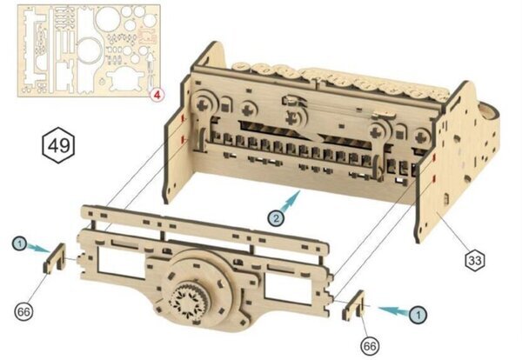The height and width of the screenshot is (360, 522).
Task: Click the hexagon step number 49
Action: point(58,145)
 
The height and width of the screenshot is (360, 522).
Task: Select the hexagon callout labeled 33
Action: point(475,260)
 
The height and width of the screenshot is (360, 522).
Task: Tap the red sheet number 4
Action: point(157,95)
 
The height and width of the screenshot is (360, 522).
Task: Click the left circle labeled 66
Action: point(24,312)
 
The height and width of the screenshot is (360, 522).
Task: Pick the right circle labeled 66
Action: point(370,346)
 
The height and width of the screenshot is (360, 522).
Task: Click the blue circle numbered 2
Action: point(276,218)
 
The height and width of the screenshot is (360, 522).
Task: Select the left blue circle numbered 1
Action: point(20,243)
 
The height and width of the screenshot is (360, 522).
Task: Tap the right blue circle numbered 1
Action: point(418,315)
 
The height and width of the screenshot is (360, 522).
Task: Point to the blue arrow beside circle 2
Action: point(291,201)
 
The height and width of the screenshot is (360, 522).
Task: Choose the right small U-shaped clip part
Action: point(353,304)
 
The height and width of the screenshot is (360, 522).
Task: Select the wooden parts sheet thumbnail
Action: point(89,51)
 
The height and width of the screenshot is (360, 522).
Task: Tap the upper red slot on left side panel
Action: point(183,119)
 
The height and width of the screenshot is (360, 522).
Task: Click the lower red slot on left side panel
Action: point(183,139)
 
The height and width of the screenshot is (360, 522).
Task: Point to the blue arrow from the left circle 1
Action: point(39,248)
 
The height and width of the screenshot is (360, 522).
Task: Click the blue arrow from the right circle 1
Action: point(394,310)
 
